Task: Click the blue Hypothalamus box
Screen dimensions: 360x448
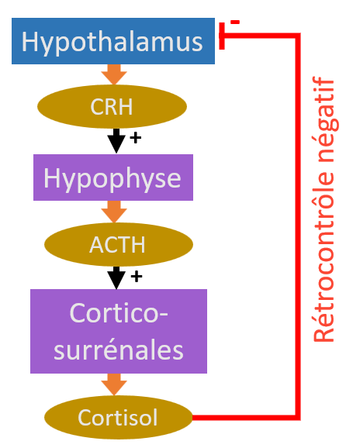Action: pyautogui.click(x=113, y=41)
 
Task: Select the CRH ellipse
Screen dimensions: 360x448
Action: pyautogui.click(x=112, y=106)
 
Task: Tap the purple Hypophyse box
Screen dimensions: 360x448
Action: pyautogui.click(x=113, y=177)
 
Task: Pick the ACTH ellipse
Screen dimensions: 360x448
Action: pyautogui.click(x=119, y=245)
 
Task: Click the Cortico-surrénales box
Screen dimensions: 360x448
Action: pyautogui.click(x=119, y=331)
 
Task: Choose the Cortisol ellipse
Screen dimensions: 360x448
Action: pyautogui.click(x=119, y=418)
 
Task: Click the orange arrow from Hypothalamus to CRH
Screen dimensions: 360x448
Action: pyautogui.click(x=114, y=74)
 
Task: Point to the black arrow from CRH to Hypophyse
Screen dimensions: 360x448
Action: pyautogui.click(x=116, y=141)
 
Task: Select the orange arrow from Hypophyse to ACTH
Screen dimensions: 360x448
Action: pyautogui.click(x=114, y=212)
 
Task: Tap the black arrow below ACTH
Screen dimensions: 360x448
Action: pyautogui.click(x=116, y=277)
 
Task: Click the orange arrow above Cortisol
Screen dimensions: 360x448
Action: pyautogui.click(x=114, y=384)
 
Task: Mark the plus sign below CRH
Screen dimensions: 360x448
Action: pyautogui.click(x=136, y=138)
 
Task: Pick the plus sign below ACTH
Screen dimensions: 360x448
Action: pyautogui.click(x=137, y=277)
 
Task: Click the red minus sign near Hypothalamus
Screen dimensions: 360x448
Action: pyautogui.click(x=235, y=22)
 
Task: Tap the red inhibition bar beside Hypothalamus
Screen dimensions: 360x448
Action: pyautogui.click(x=222, y=36)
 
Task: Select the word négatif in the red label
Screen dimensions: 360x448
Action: pyautogui.click(x=327, y=119)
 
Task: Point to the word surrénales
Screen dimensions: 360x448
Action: pyautogui.click(x=119, y=350)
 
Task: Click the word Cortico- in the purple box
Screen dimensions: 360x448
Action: pyautogui.click(x=119, y=313)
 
